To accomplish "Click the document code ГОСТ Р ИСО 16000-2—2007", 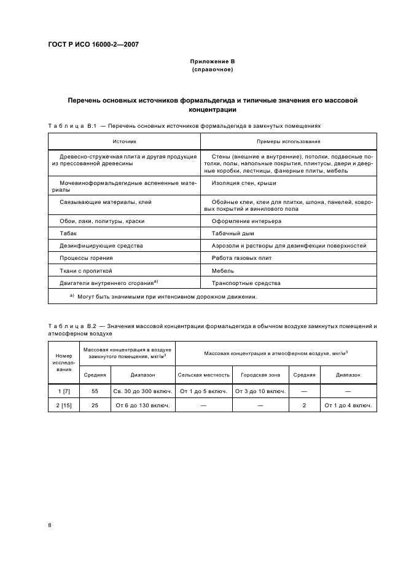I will click(x=93, y=45).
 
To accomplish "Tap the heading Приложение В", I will click(x=212, y=61).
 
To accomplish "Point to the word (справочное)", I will click(x=212, y=69).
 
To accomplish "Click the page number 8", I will click(x=50, y=525).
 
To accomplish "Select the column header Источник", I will click(x=124, y=141).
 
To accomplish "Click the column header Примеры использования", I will click(x=289, y=141).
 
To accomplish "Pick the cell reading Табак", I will click(x=68, y=233).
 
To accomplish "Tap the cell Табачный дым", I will click(x=233, y=233).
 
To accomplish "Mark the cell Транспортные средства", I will click(x=246, y=283).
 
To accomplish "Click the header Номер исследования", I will click(x=64, y=362).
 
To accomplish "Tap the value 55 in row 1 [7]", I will click(x=95, y=391).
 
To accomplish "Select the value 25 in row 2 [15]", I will click(x=95, y=406).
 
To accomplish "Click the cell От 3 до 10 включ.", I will click(x=261, y=391).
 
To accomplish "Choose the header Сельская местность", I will click(x=204, y=374).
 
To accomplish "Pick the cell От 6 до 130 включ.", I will click(x=142, y=406).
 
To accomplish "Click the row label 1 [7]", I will click(x=64, y=391).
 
